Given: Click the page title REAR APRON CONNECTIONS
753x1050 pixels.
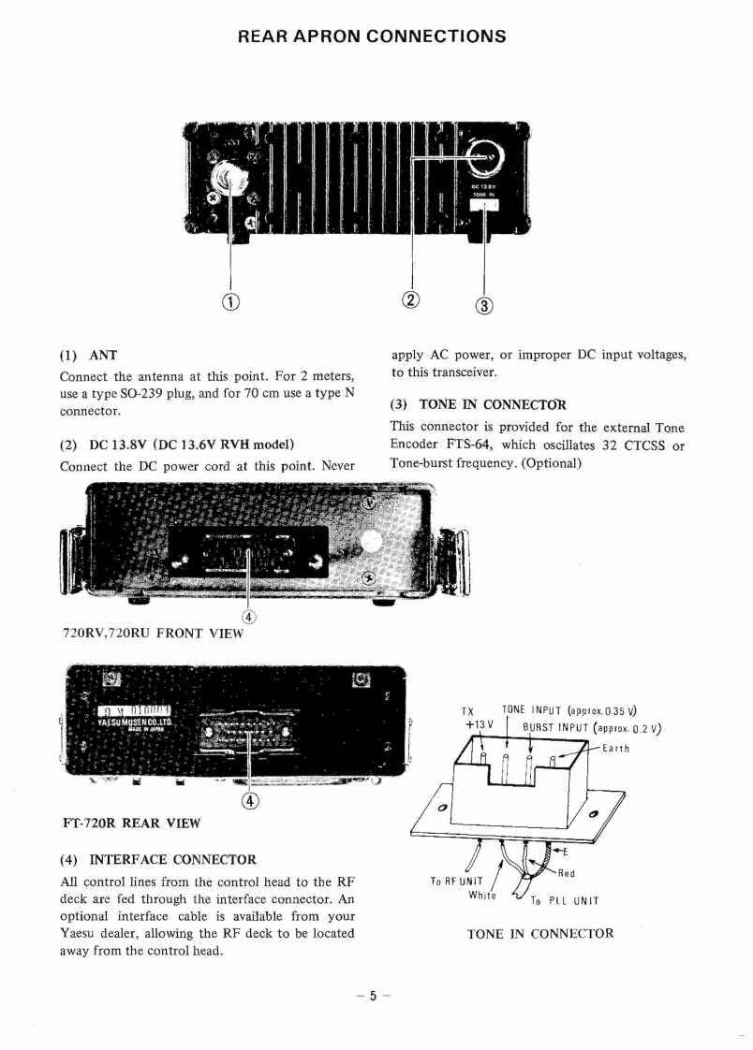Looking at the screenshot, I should click(373, 36).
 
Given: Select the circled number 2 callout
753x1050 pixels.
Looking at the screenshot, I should click(412, 299).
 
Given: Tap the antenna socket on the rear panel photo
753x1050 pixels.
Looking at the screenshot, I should click(228, 176).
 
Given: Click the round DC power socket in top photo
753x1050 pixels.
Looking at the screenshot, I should click(488, 155).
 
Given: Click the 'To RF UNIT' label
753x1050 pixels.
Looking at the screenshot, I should click(456, 881).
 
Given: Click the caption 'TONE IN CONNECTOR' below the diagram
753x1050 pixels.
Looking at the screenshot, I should click(540, 933).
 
